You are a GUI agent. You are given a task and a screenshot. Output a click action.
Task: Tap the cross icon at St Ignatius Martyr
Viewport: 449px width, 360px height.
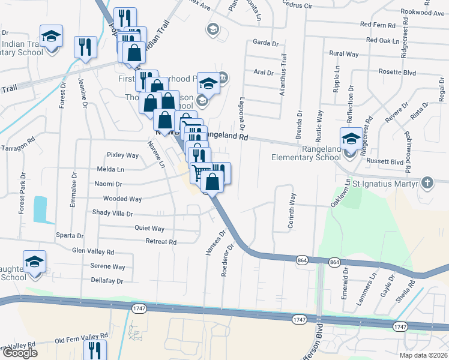[x=427, y=182]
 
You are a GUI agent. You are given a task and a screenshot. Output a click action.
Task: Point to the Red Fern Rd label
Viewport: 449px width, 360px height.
[x=378, y=25]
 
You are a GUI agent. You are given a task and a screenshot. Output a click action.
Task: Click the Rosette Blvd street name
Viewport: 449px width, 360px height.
[x=397, y=72]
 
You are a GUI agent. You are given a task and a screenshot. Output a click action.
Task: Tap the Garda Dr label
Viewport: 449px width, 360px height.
[x=267, y=43]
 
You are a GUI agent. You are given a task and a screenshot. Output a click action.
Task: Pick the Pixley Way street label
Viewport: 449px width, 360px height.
[x=122, y=155]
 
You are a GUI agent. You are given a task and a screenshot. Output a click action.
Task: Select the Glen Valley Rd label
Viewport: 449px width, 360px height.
[x=93, y=251]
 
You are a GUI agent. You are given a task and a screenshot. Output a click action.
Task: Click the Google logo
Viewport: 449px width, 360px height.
[x=19, y=353]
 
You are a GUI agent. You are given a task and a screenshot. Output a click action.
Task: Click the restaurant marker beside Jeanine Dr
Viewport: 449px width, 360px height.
[x=85, y=47]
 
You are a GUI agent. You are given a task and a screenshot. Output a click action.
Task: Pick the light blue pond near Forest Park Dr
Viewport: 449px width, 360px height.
[x=40, y=207]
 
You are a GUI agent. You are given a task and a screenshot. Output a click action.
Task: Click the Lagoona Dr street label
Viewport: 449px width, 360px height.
[x=243, y=114]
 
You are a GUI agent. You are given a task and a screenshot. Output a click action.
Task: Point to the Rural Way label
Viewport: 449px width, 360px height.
[x=344, y=54]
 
